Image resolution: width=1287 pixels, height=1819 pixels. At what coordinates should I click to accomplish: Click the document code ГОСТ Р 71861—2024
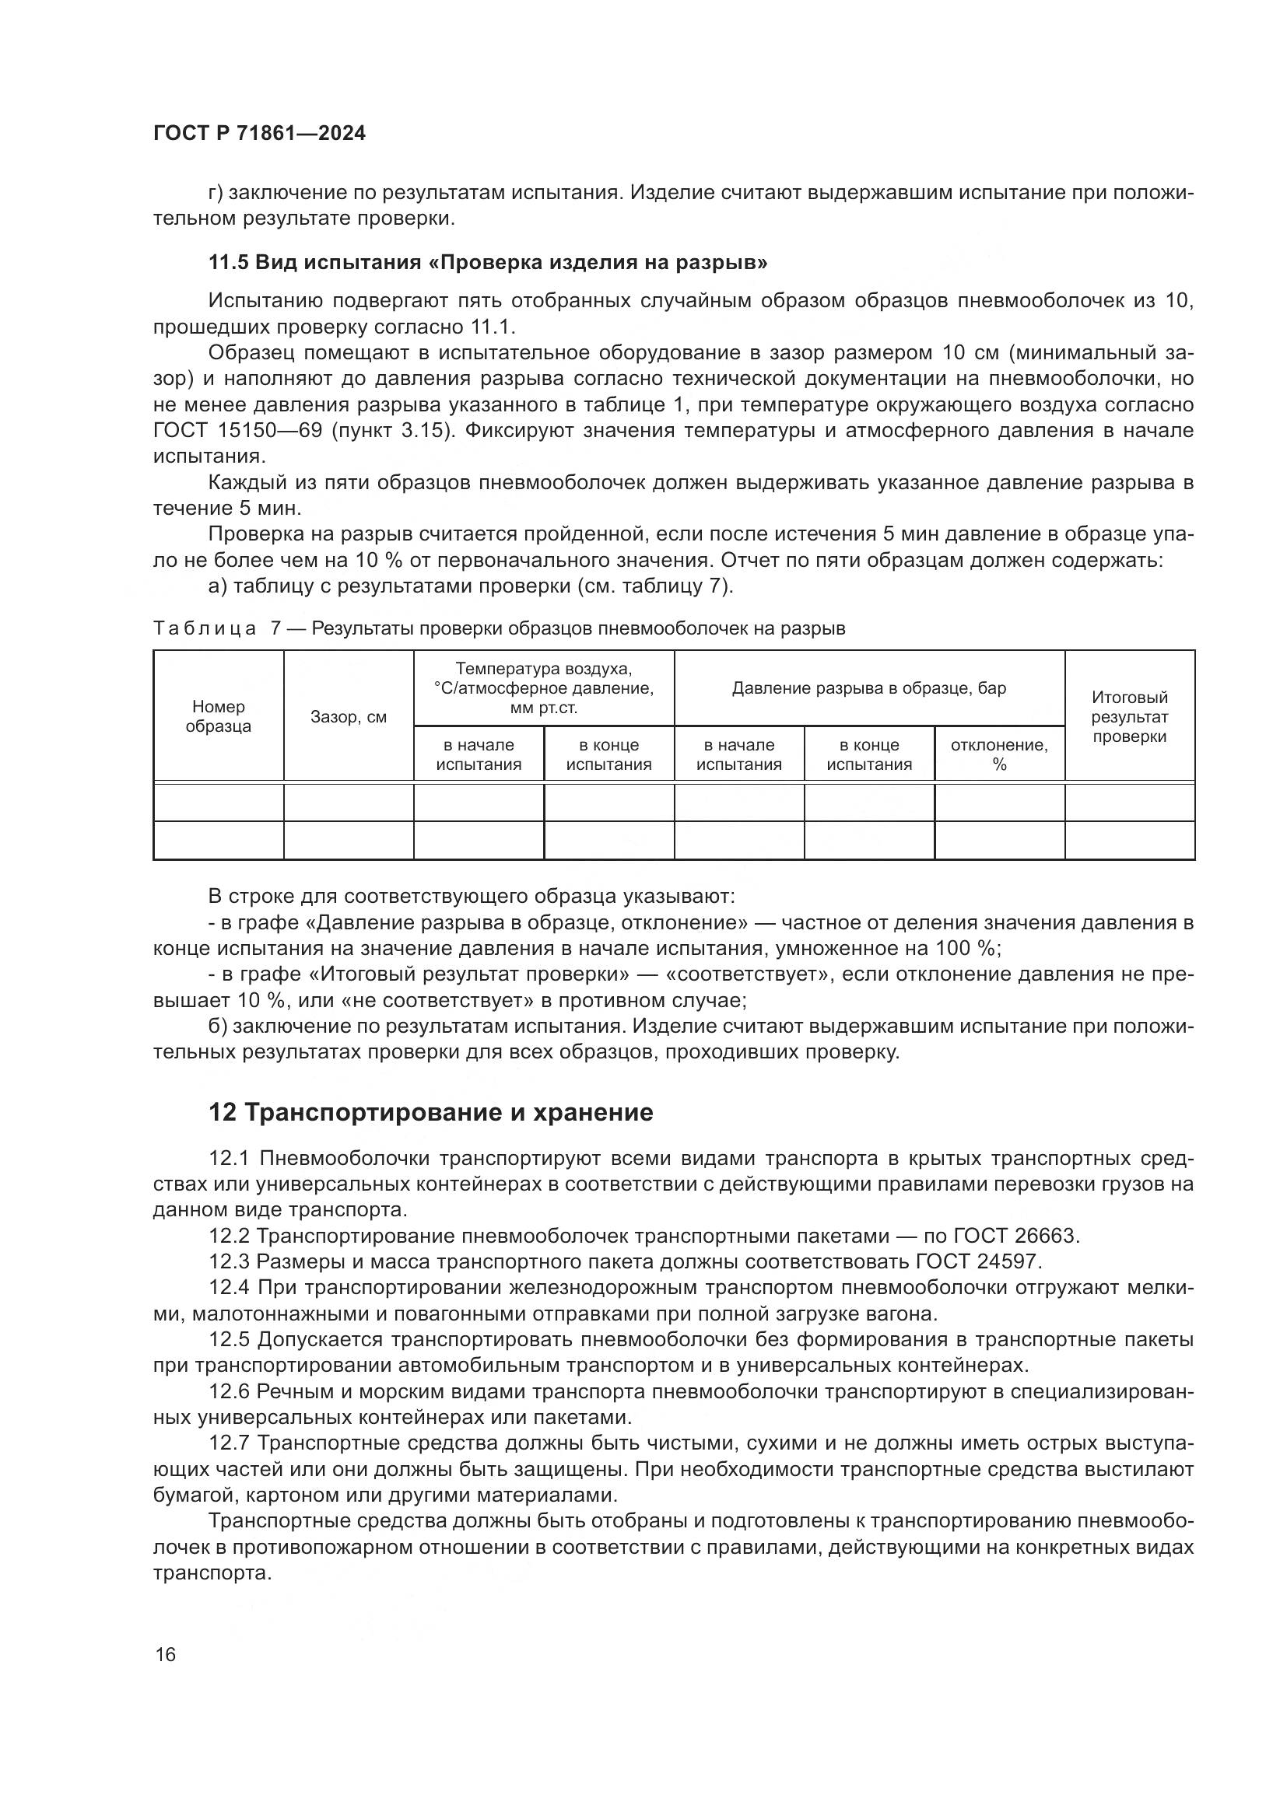tap(259, 133)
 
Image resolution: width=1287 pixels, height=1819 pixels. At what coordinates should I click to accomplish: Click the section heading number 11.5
tap(228, 262)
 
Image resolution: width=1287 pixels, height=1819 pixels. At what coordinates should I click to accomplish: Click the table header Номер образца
tap(218, 716)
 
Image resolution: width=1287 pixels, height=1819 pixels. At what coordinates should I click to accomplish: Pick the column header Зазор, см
tap(349, 717)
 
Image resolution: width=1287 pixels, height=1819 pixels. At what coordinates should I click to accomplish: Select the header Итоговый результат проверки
tap(1129, 716)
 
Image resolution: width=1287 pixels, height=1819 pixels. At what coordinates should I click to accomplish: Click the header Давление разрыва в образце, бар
tap(868, 687)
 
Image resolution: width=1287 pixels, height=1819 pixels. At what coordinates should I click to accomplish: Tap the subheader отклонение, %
tap(998, 754)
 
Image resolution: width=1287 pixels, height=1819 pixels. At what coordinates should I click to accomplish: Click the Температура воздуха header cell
tap(544, 687)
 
